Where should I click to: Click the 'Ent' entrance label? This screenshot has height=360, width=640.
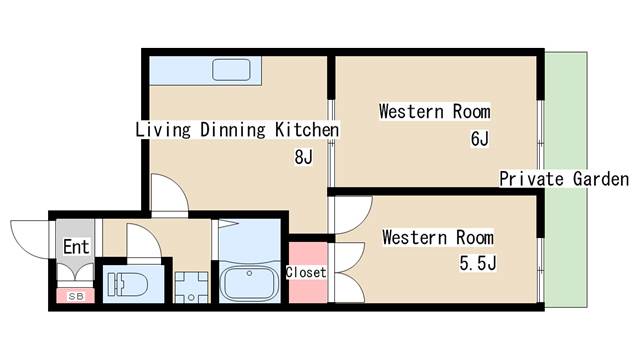point(76,247)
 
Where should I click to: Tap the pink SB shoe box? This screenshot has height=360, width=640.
point(75,296)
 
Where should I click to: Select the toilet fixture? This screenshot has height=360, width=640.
point(127,284)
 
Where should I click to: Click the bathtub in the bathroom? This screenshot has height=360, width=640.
point(249,284)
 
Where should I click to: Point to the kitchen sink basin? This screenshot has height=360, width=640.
point(231,69)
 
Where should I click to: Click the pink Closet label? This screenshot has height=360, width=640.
point(306,272)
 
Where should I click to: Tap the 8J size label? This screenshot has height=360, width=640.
point(303,157)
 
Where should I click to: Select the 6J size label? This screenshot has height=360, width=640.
point(480,139)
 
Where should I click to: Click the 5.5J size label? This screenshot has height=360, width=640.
point(478,263)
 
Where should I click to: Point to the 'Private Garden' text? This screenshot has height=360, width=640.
point(564,179)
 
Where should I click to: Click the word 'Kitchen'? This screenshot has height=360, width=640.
point(307,130)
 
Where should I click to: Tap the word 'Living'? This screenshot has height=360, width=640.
point(163,130)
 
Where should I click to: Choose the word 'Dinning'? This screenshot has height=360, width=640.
point(233,130)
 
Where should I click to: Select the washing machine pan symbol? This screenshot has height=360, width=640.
point(191,287)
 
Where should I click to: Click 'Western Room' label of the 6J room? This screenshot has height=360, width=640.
point(435,111)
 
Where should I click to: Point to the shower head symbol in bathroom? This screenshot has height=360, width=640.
point(228,223)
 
